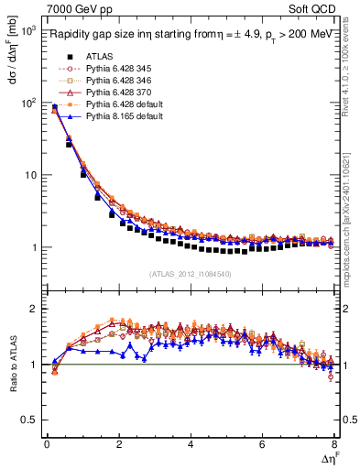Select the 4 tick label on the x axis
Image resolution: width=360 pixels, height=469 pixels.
pos(191,445)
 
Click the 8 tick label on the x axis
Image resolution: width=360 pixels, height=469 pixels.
pos(333,445)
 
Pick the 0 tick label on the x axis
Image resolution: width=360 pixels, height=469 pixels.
pos(47,445)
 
